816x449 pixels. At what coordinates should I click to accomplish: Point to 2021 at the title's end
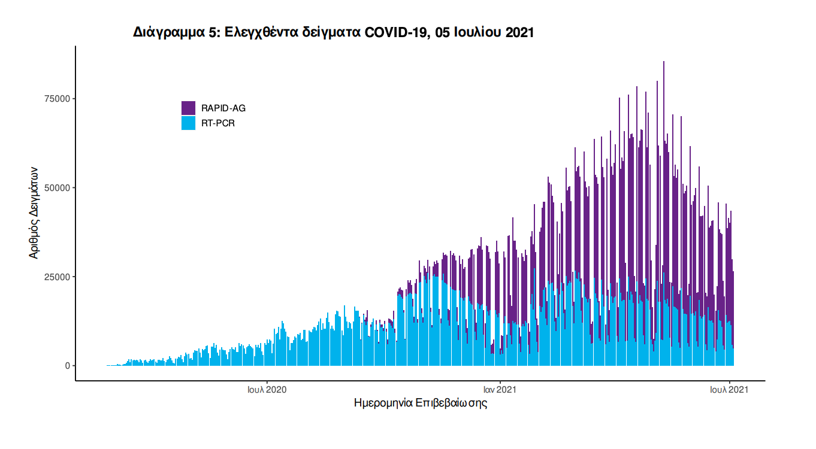[x=519, y=33]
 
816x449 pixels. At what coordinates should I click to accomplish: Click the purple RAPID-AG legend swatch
[x=188, y=108]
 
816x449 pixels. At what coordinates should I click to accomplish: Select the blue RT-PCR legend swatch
[x=188, y=123]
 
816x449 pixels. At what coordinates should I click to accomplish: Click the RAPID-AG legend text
[x=223, y=108]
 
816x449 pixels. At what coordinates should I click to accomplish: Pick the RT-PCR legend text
[x=218, y=123]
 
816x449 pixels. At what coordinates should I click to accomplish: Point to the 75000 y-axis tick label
[x=58, y=99]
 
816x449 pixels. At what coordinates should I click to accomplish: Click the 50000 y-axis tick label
[x=58, y=188]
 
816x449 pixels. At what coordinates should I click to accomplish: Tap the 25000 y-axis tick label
[x=58, y=277]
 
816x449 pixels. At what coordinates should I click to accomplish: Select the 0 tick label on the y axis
[x=67, y=366]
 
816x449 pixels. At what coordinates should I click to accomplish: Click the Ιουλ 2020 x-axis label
[x=267, y=390]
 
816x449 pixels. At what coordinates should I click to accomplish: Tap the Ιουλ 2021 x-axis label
[x=729, y=390]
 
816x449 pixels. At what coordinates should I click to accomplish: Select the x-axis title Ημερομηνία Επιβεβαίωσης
[x=421, y=404]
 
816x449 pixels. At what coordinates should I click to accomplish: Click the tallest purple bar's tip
[x=664, y=62]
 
